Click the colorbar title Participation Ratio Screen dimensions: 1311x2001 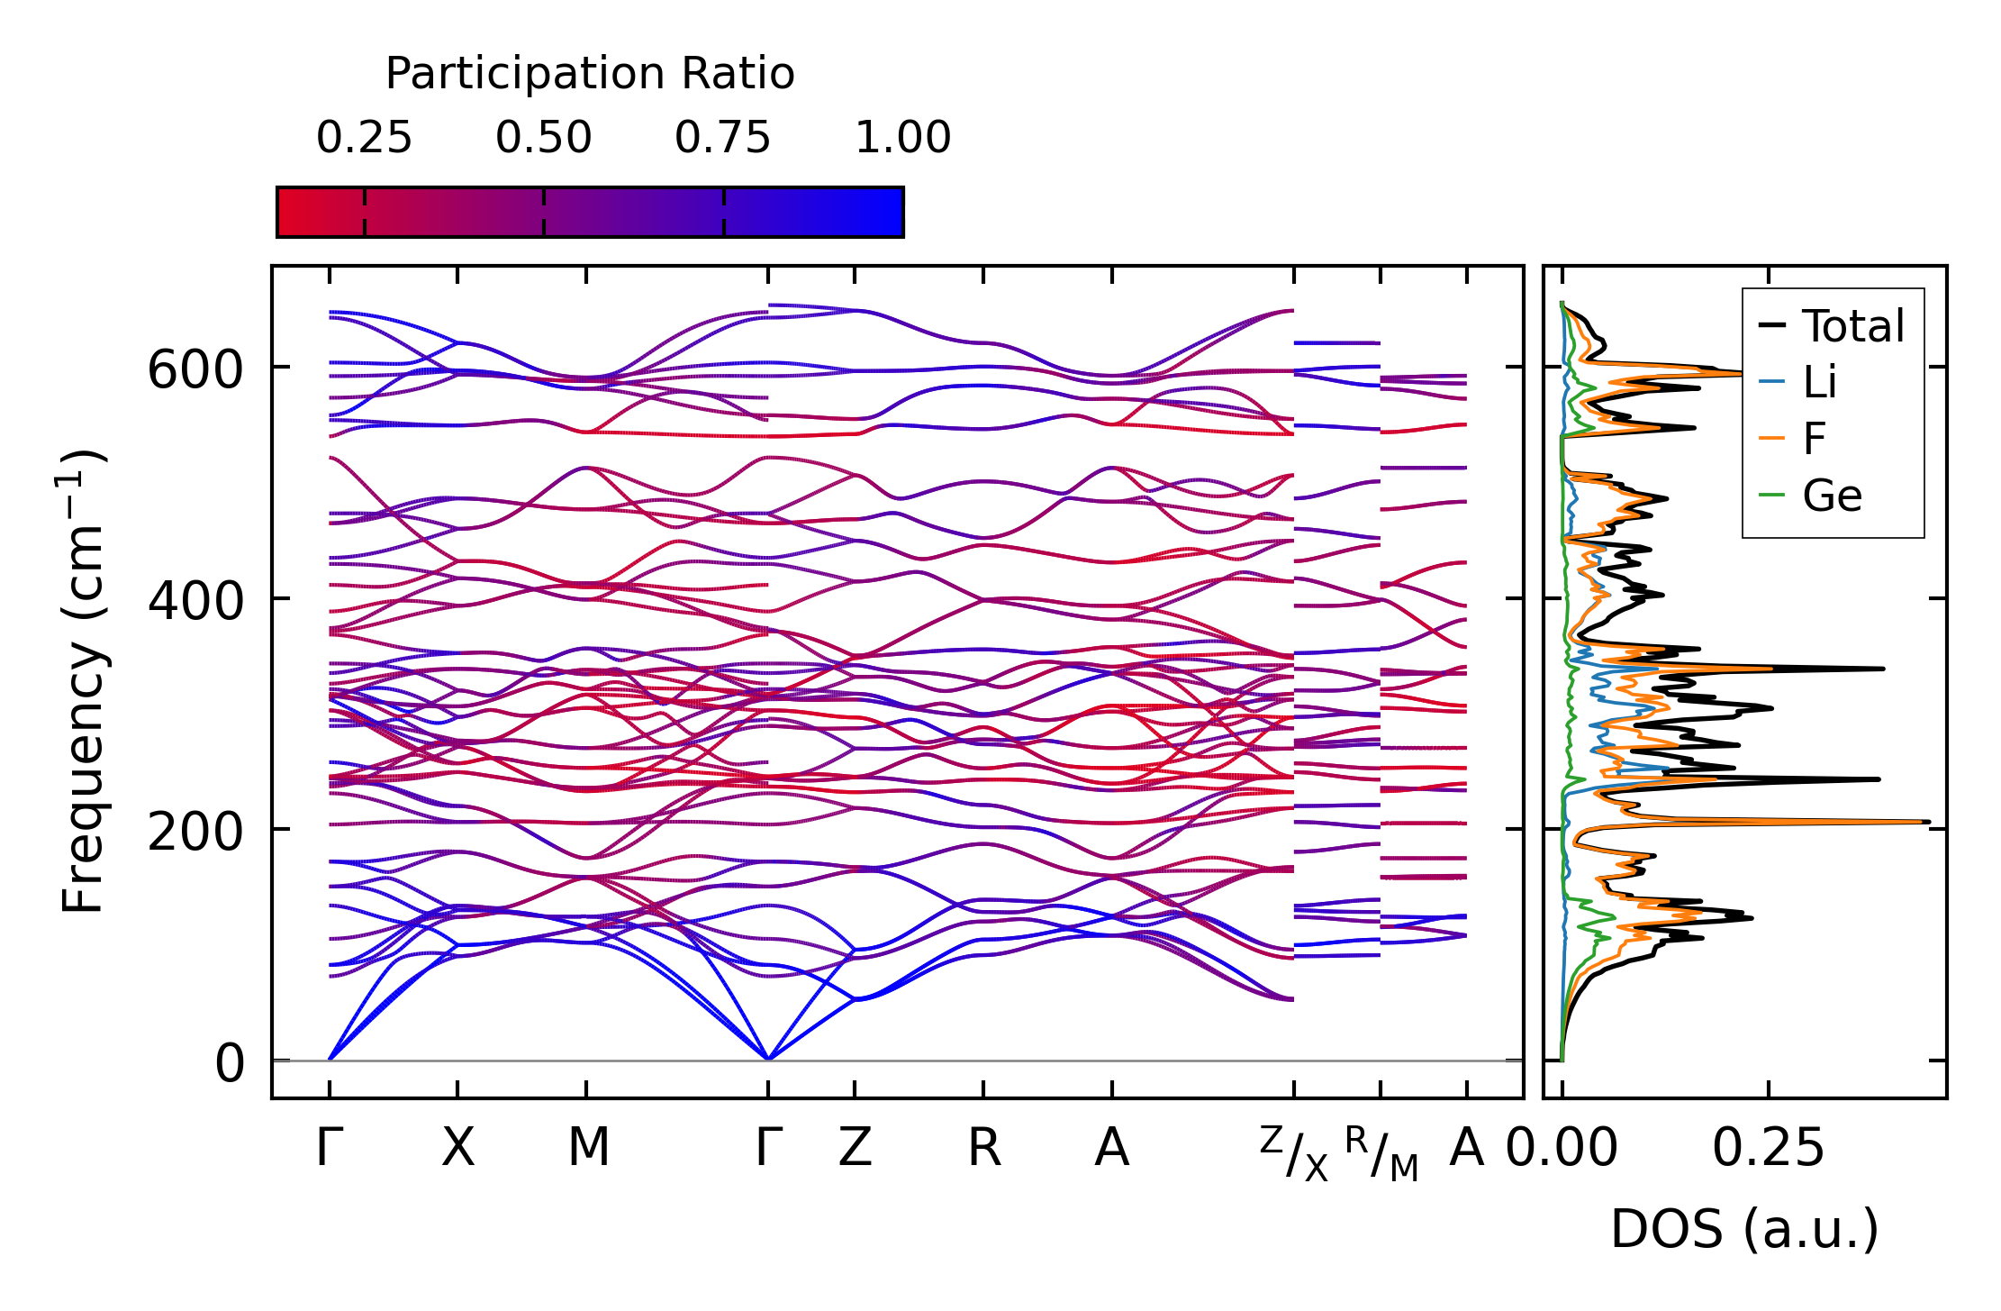tap(590, 74)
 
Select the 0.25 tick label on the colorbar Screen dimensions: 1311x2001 tap(364, 139)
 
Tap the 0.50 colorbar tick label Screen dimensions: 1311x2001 tap(543, 139)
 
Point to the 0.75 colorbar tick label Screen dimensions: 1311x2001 tap(722, 139)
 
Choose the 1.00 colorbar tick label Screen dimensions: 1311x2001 tap(902, 139)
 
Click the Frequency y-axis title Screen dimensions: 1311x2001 tap(84, 681)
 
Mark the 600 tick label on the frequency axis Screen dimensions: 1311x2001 tap(195, 370)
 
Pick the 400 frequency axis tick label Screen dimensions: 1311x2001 tap(195, 601)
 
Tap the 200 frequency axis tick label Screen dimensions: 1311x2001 tap(195, 832)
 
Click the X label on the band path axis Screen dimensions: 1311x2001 tap(457, 1149)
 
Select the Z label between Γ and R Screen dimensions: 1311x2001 tap(855, 1149)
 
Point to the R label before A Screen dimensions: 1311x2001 tap(983, 1149)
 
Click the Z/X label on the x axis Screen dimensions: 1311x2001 tap(1294, 1153)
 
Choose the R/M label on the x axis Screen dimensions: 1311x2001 tap(1381, 1153)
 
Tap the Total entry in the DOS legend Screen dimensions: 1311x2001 tap(1852, 326)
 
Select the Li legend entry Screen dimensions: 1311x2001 tap(1819, 383)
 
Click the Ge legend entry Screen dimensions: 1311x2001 tap(1832, 496)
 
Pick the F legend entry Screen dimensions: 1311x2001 tap(1814, 439)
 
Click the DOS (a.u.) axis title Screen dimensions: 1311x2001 tap(1744, 1230)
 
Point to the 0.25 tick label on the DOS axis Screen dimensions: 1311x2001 tap(1768, 1149)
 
